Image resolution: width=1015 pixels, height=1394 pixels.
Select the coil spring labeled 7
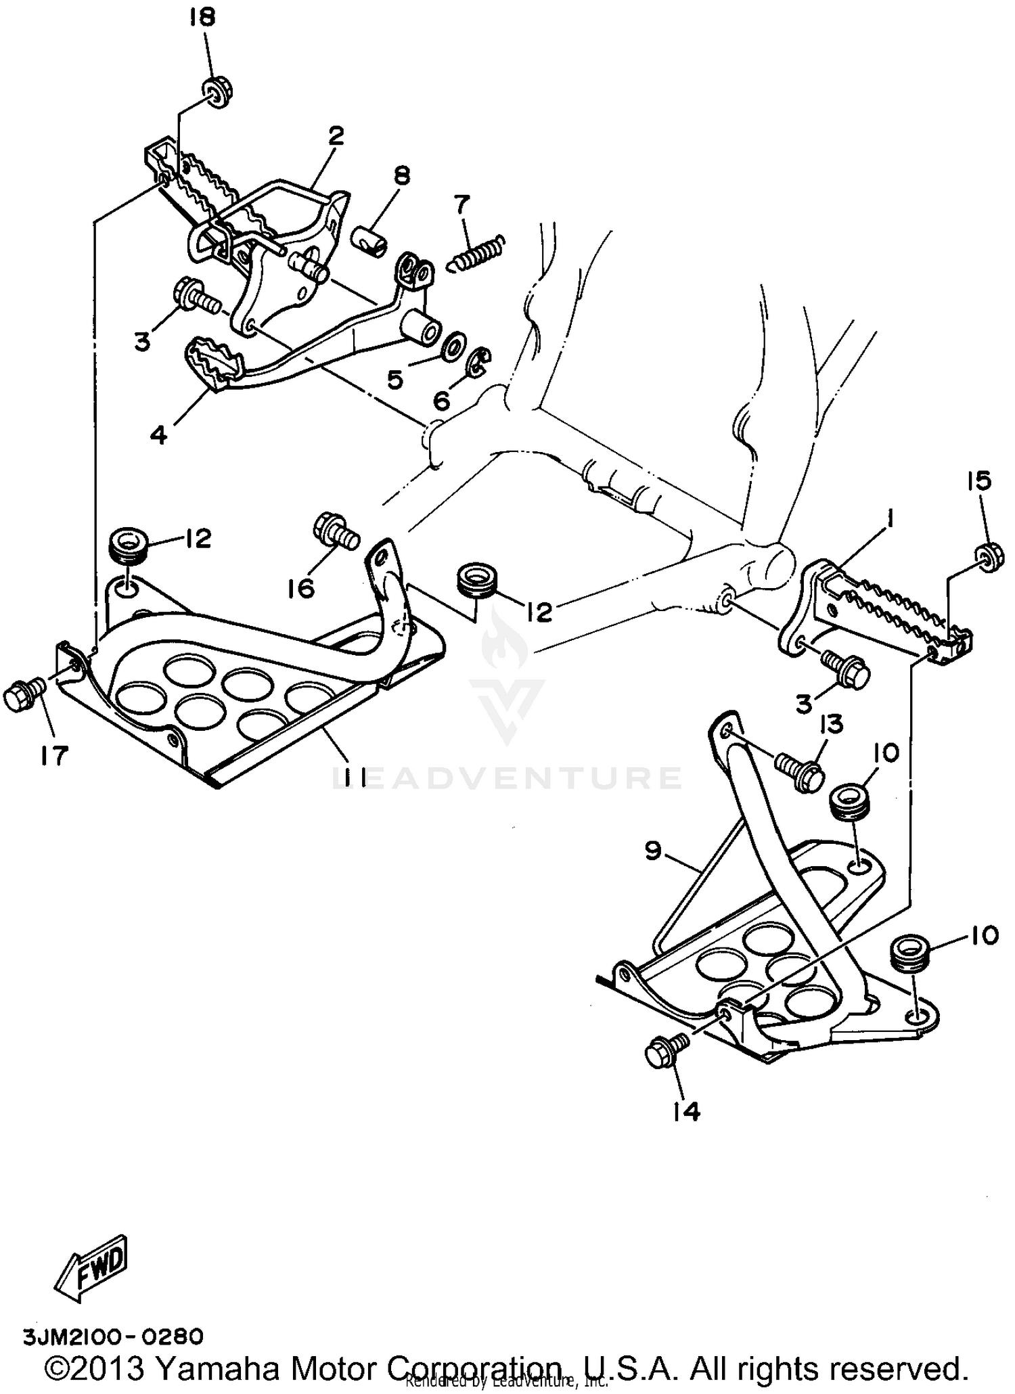pyautogui.click(x=478, y=252)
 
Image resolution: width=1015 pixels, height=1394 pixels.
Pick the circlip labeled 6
pyautogui.click(x=480, y=363)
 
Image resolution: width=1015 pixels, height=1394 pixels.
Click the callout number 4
pyautogui.click(x=158, y=435)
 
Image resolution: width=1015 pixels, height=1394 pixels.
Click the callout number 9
pyautogui.click(x=652, y=852)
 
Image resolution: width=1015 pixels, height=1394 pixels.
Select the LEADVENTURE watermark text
pyautogui.click(x=507, y=778)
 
